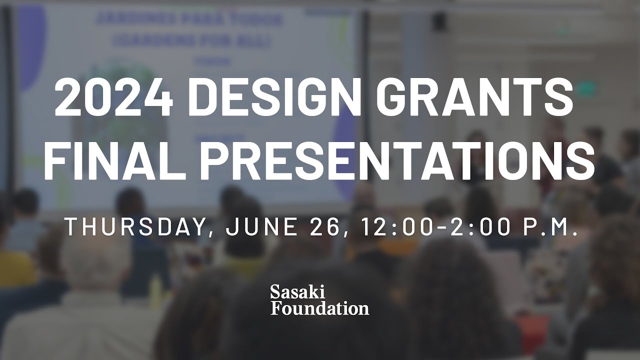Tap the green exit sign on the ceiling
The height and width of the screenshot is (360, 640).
click(x=585, y=89)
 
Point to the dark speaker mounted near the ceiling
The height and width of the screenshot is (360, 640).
click(x=440, y=21)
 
